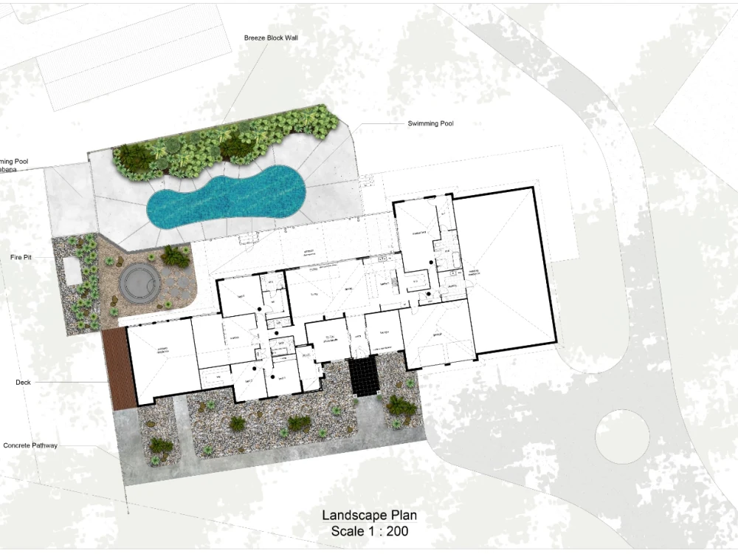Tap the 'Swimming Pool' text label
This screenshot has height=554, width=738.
tap(430, 123)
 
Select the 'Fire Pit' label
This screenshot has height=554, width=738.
tap(21, 256)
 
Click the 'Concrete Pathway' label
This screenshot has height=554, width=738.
tap(30, 445)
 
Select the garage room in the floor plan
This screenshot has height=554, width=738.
tap(437, 332)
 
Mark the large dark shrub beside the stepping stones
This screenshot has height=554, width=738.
tap(175, 256)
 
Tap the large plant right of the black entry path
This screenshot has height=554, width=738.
tap(401, 405)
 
